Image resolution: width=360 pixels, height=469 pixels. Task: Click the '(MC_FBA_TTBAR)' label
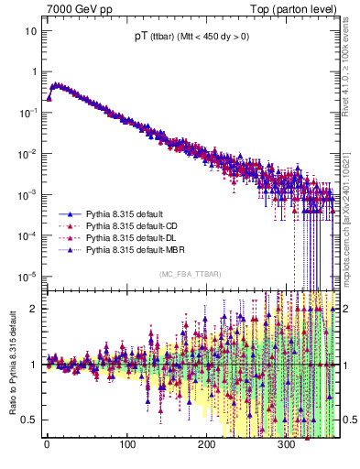189,276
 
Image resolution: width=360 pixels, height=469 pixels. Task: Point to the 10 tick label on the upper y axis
31,30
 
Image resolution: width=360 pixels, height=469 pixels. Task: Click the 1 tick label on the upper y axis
34,71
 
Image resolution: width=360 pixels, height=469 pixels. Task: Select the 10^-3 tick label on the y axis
28,194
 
